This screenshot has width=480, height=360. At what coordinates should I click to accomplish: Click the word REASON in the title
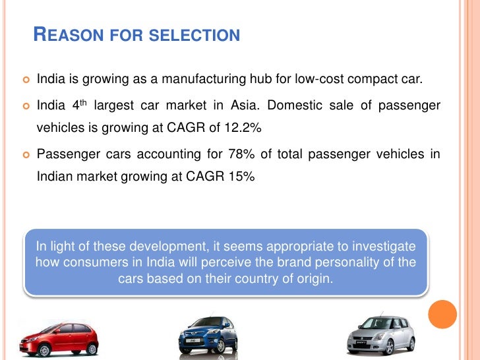(x=65, y=35)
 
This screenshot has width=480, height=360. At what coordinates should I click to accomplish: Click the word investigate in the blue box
(x=382, y=247)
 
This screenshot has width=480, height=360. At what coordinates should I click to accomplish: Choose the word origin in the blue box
(x=314, y=278)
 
